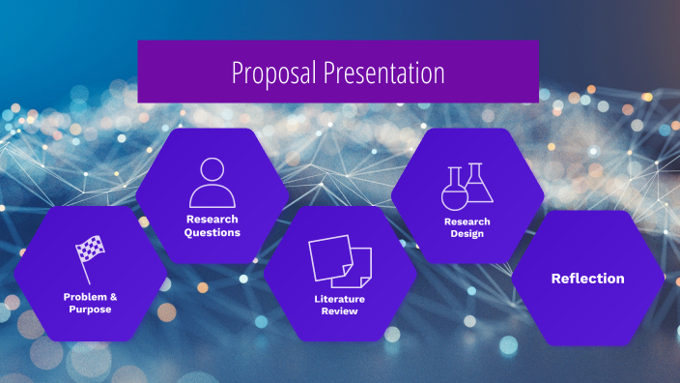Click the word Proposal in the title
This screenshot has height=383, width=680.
pyautogui.click(x=274, y=73)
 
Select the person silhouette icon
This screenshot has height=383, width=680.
pyautogui.click(x=212, y=182)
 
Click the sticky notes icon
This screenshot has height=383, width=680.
pyautogui.click(x=340, y=260)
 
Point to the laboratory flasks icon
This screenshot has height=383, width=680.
pyautogui.click(x=467, y=187)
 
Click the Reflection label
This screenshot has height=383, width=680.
pyautogui.click(x=587, y=279)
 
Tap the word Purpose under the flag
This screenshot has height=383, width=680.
pyautogui.click(x=90, y=309)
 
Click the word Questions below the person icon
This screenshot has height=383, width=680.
pyautogui.click(x=212, y=232)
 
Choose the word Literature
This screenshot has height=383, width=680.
pyautogui.click(x=340, y=299)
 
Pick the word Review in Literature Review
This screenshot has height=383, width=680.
pyautogui.click(x=340, y=311)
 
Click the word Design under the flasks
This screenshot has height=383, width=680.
pyautogui.click(x=467, y=234)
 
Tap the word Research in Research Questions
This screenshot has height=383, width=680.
pyautogui.click(x=212, y=220)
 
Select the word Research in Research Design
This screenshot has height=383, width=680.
pyautogui.click(x=467, y=221)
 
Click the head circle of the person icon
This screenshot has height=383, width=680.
pyautogui.click(x=212, y=170)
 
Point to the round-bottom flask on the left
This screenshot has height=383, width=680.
pyautogui.click(x=454, y=193)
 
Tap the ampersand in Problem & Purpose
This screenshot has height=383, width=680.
pyautogui.click(x=113, y=296)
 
